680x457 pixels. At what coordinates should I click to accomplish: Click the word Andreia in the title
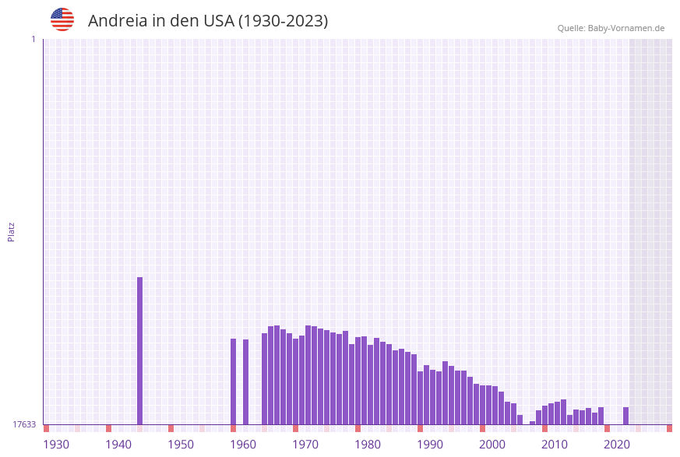click(x=117, y=21)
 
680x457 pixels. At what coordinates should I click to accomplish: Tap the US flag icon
click(x=62, y=19)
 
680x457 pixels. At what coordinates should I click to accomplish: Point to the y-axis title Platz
click(x=12, y=231)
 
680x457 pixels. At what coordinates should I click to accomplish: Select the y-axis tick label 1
click(x=33, y=39)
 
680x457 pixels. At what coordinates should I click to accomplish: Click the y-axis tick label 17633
click(x=24, y=424)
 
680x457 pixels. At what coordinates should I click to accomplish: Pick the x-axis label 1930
click(x=56, y=445)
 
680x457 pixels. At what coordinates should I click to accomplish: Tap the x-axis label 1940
click(x=118, y=445)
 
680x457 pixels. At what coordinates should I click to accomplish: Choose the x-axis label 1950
click(x=181, y=445)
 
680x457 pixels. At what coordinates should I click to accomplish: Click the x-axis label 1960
click(x=243, y=445)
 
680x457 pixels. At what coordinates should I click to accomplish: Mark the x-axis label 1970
click(x=305, y=445)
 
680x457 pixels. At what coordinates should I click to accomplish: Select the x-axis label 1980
click(x=368, y=445)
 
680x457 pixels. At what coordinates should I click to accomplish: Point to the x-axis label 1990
click(x=430, y=445)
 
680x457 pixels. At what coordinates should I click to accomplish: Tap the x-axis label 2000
click(x=492, y=445)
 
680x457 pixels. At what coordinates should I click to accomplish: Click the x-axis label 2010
click(x=555, y=445)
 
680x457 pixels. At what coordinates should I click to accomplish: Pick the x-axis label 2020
click(x=617, y=445)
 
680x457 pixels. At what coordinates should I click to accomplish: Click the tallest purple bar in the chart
click(x=140, y=350)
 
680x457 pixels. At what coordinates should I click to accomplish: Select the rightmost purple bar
click(x=625, y=416)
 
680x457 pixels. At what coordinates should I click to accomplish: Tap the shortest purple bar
click(x=533, y=423)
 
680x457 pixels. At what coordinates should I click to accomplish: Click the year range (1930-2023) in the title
click(x=283, y=21)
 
